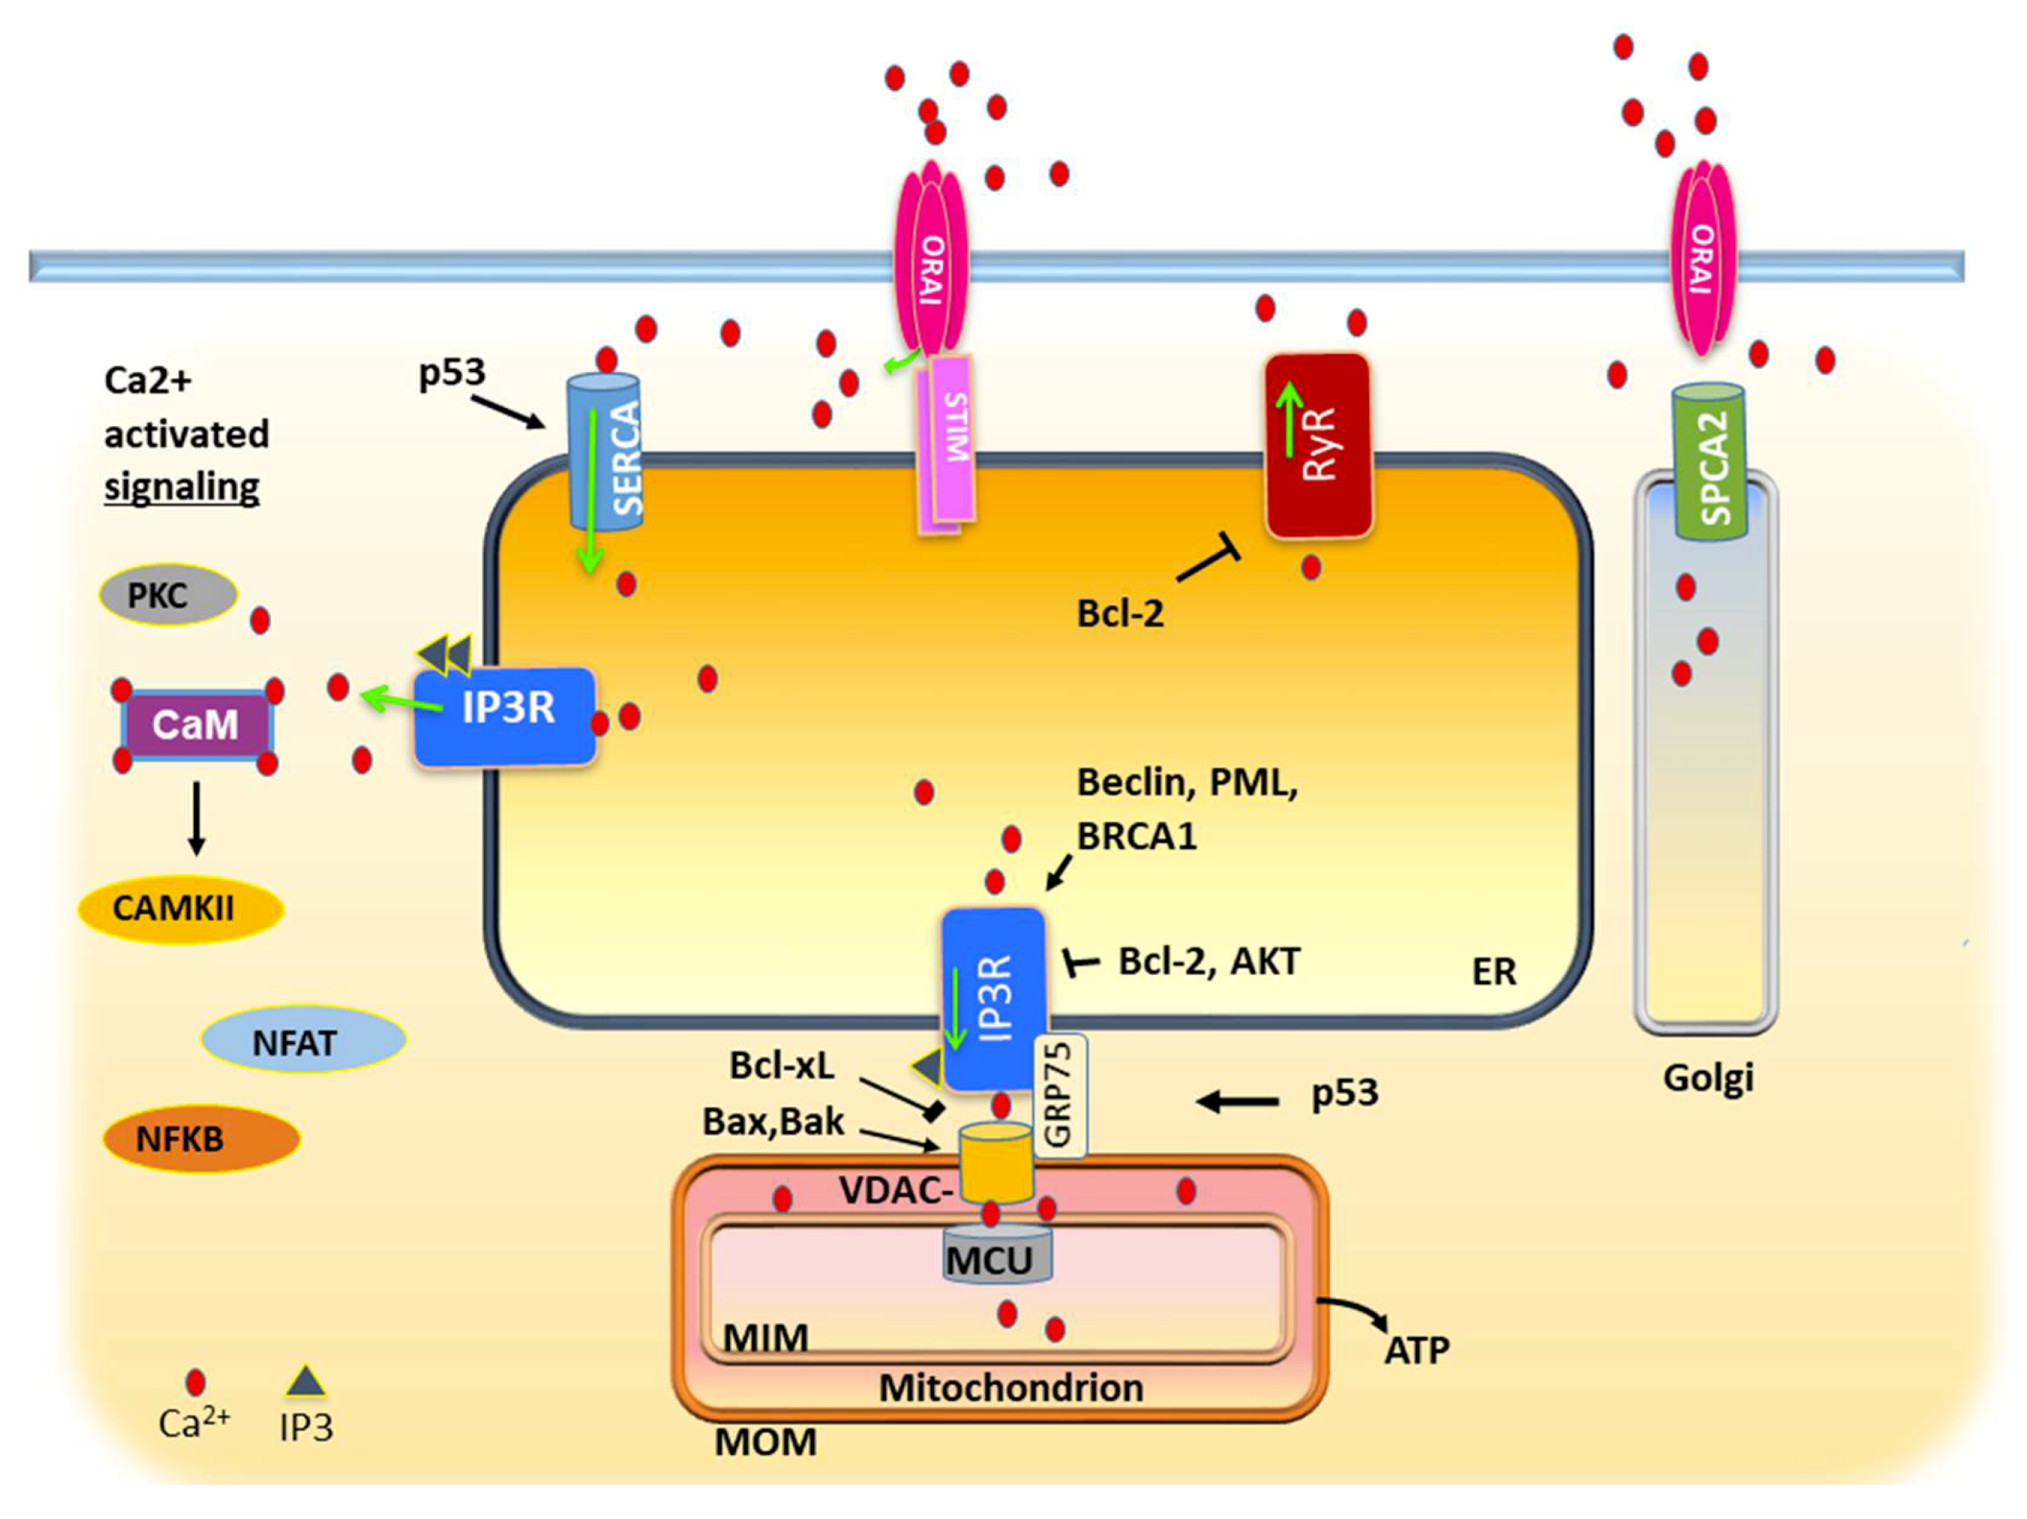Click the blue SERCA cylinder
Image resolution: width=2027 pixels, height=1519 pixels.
605,452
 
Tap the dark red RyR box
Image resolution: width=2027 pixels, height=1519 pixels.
1317,446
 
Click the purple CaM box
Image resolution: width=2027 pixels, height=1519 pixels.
196,724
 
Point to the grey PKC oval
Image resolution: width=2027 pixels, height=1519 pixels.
168,595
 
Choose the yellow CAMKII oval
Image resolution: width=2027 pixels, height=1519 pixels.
181,909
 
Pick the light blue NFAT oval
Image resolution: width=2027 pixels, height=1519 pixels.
303,1042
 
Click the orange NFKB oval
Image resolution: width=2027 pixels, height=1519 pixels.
201,1138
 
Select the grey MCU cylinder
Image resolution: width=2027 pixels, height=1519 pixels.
997,1256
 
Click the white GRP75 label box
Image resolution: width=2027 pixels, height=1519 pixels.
1060,1096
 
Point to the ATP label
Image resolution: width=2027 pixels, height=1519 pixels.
1417,1349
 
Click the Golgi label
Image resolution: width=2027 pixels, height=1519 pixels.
1708,1078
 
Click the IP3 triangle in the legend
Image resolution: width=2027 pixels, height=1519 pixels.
306,1382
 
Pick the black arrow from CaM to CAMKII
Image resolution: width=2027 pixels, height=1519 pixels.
196,818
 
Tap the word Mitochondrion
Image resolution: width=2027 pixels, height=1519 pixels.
1011,1387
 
